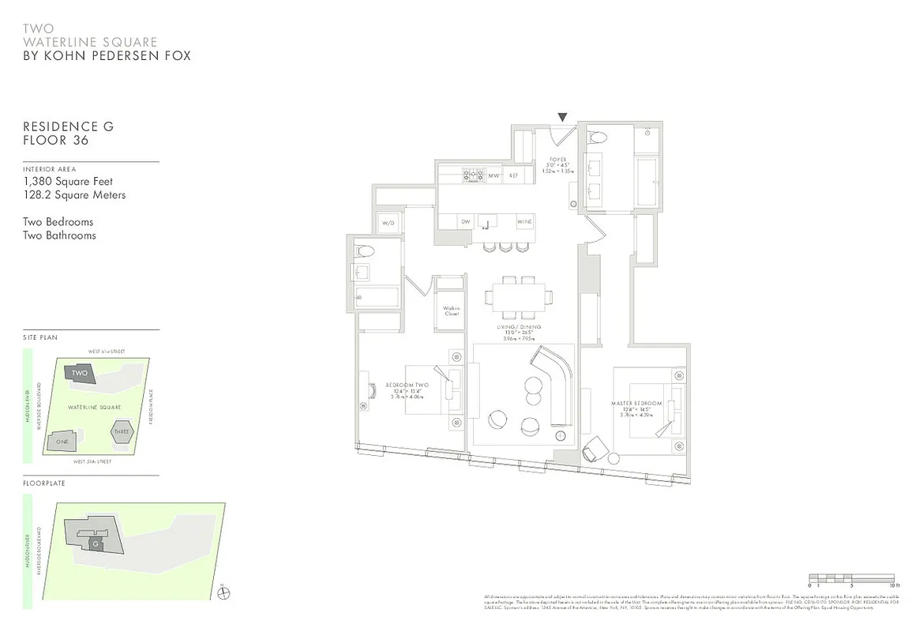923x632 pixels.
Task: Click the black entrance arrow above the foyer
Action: pyautogui.click(x=562, y=118)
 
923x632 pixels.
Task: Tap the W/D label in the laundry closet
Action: pyautogui.click(x=388, y=223)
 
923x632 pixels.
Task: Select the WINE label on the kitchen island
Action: pyautogui.click(x=524, y=223)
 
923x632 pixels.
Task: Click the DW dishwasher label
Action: pyautogui.click(x=466, y=223)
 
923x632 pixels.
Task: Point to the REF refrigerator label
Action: pyautogui.click(x=513, y=175)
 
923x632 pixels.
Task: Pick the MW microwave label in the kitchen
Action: pyautogui.click(x=493, y=175)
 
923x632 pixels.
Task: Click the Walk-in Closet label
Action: pyautogui.click(x=451, y=310)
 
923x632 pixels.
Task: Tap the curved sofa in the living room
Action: pyautogui.click(x=557, y=383)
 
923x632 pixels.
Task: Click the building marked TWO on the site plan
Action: pyautogui.click(x=80, y=373)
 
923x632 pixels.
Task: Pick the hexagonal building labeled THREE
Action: pyautogui.click(x=122, y=431)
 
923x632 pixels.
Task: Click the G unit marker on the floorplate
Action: pyautogui.click(x=96, y=544)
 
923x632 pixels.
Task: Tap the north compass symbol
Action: pyautogui.click(x=222, y=593)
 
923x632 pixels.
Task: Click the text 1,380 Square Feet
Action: pyautogui.click(x=68, y=182)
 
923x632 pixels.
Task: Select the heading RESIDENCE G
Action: pyautogui.click(x=69, y=126)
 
